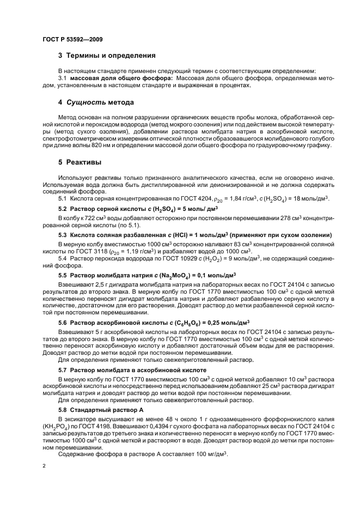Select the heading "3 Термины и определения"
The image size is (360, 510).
pyautogui.click(x=107, y=55)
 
